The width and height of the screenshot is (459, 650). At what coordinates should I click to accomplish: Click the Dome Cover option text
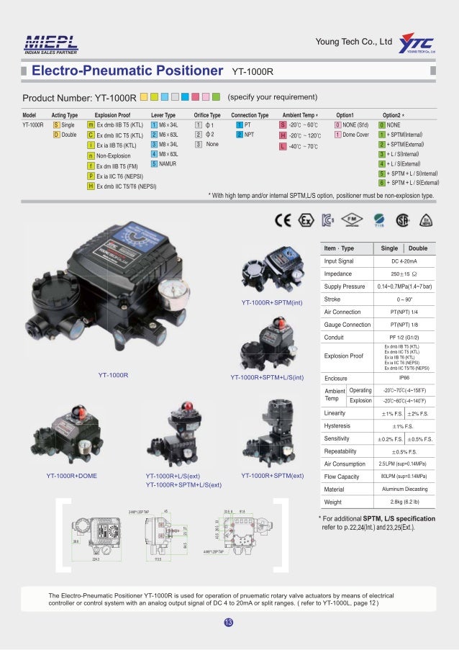coord(356,134)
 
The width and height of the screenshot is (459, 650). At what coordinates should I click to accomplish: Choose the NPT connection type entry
coord(249,134)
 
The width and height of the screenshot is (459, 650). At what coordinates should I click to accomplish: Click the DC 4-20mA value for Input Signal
coord(405,261)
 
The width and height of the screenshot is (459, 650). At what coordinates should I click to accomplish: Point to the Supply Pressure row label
coord(345,286)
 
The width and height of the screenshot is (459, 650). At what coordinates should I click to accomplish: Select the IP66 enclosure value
coord(405,376)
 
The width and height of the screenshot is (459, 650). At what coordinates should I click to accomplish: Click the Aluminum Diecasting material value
coord(405,489)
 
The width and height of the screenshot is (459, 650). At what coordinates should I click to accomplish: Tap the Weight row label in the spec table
coord(333,501)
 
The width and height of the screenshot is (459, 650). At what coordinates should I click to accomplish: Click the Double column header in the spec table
coord(419,248)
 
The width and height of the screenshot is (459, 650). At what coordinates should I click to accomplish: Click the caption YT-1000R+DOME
coord(72,476)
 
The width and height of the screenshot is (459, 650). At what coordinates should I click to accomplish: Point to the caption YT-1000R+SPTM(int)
coord(268,302)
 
